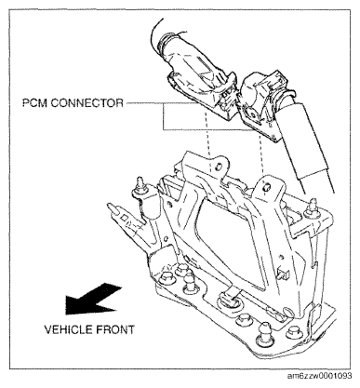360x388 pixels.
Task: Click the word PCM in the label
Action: click(34, 102)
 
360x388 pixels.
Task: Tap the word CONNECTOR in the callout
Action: click(87, 102)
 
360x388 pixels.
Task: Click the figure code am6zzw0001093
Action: click(320, 376)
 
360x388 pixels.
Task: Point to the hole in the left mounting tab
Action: click(218, 167)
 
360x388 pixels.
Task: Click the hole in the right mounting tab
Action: click(266, 187)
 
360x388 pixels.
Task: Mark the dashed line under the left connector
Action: click(207, 141)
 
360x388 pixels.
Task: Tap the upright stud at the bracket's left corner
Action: click(141, 186)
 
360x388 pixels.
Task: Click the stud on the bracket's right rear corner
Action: click(312, 207)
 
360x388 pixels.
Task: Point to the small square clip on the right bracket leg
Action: click(284, 274)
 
